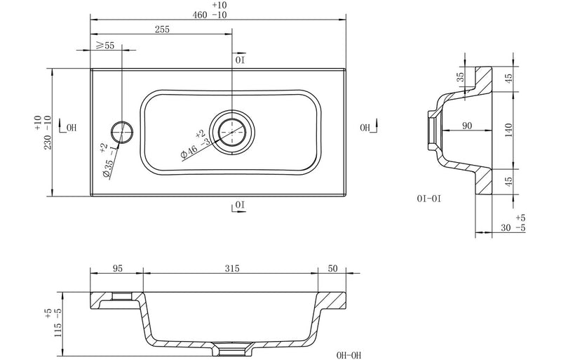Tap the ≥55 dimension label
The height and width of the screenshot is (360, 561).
pyautogui.click(x=105, y=45)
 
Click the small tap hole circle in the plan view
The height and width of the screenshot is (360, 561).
pyautogui.click(x=121, y=130)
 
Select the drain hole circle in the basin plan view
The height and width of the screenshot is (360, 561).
pyautogui.click(x=231, y=131)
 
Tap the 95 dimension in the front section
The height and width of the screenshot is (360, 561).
pyautogui.click(x=116, y=267)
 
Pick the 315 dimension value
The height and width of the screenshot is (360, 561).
pyautogui.click(x=232, y=267)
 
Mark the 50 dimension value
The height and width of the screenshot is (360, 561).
pyautogui.click(x=333, y=267)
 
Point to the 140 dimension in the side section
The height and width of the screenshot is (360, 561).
pyautogui.click(x=509, y=129)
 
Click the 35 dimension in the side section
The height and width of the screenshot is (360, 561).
pyautogui.click(x=461, y=77)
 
